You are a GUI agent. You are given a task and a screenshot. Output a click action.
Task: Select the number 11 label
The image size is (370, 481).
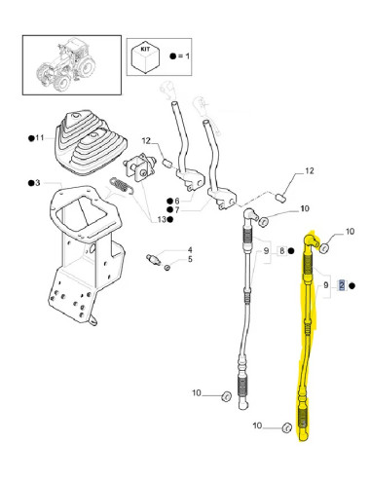click(x=38, y=138)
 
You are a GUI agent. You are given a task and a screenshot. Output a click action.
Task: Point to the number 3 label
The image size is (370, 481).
click(x=35, y=183)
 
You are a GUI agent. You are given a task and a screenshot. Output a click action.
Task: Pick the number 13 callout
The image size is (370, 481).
click(x=161, y=219)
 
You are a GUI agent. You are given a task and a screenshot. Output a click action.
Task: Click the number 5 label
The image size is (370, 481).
click(x=191, y=260)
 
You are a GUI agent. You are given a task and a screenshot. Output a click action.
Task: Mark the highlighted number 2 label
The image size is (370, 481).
click(x=341, y=284)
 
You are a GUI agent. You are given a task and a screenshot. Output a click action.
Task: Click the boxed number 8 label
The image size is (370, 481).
click(x=281, y=250)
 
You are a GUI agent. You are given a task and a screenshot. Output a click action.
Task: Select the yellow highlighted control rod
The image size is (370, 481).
click(x=305, y=341)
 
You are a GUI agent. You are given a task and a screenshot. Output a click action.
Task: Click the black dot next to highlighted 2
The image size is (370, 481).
click(x=352, y=284)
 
